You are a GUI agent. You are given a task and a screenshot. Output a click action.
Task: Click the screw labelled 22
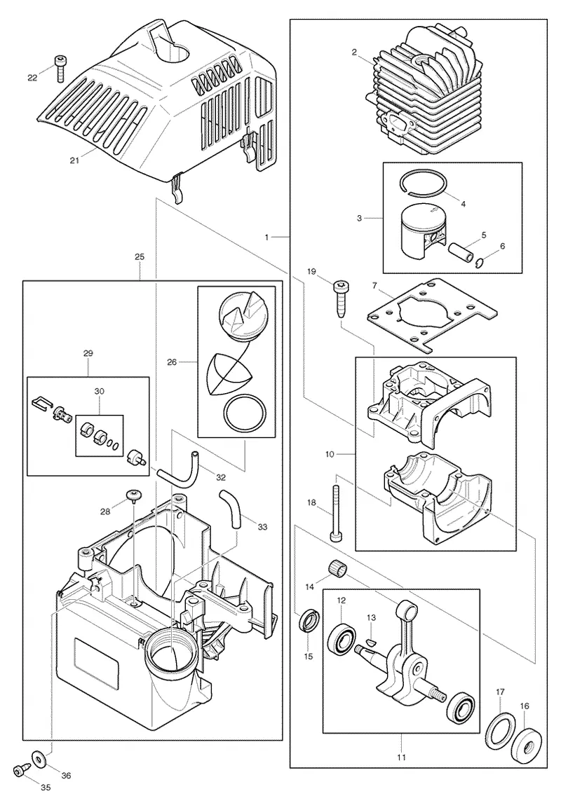[x=58, y=68]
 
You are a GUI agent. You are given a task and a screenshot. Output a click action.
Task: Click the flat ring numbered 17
[x=501, y=732]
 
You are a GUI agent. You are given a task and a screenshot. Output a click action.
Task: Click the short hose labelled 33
[x=230, y=508]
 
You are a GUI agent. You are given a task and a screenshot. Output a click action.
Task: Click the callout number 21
[x=74, y=160]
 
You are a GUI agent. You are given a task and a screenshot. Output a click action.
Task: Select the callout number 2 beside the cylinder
[x=353, y=52]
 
